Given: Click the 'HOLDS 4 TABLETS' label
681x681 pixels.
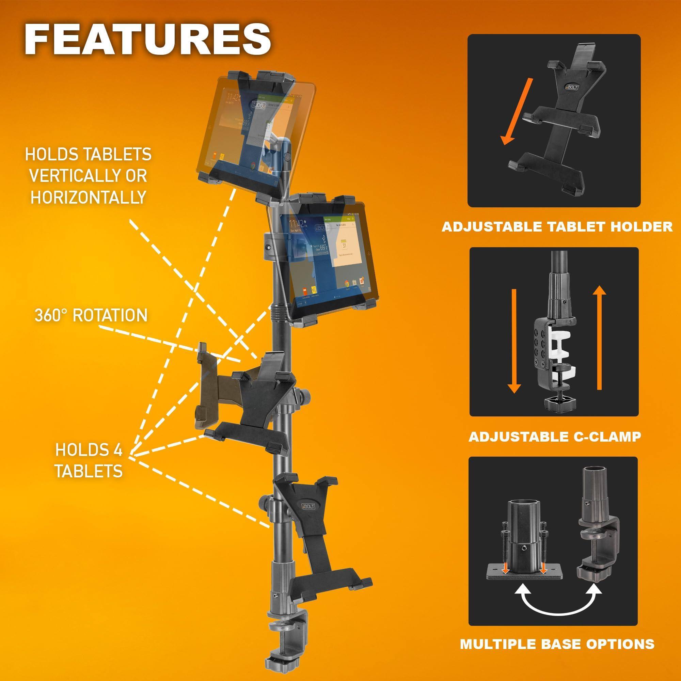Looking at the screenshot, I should (x=89, y=461).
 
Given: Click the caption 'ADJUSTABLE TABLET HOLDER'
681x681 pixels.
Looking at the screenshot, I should (x=557, y=227).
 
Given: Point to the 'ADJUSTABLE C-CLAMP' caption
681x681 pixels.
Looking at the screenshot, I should (x=554, y=437).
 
